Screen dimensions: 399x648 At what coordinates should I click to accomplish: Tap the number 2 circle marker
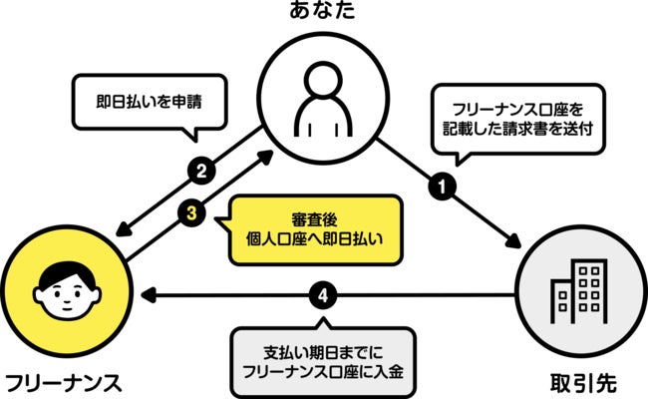pyautogui.click(x=201, y=170)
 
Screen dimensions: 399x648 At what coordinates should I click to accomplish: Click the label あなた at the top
pyautogui.click(x=324, y=11)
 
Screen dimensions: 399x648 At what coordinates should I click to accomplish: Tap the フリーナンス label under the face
pyautogui.click(x=64, y=383)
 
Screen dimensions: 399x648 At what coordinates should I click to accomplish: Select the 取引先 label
pyautogui.click(x=579, y=383)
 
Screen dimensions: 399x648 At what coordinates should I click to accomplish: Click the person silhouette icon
pyautogui.click(x=324, y=100)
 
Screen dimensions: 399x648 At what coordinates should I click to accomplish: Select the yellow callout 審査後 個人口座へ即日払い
pyautogui.click(x=314, y=228)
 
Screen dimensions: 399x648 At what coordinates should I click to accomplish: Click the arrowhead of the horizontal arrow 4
pyautogui.click(x=149, y=295)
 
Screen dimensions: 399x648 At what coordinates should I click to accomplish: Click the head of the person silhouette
pyautogui.click(x=324, y=81)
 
